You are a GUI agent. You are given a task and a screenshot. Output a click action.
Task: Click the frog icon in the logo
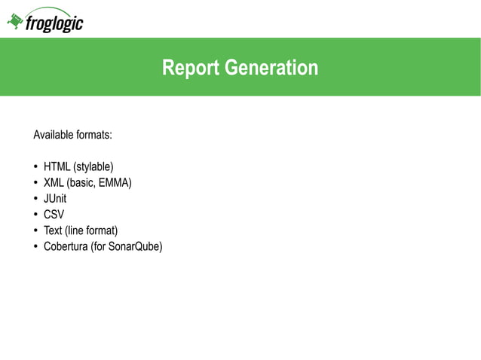(x=14, y=23)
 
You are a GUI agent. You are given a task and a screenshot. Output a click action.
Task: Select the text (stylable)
(x=93, y=166)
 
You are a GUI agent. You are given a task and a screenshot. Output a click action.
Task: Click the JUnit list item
(x=55, y=199)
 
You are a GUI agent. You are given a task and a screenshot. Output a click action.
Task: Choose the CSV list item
(x=54, y=215)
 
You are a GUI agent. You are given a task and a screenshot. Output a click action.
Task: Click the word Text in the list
(x=53, y=230)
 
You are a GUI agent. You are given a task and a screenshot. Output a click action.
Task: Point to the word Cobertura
(x=66, y=246)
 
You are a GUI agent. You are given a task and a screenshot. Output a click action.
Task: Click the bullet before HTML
(x=35, y=166)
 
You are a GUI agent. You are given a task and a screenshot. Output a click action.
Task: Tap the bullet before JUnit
(x=35, y=199)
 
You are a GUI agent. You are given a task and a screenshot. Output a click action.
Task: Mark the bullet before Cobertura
(x=35, y=246)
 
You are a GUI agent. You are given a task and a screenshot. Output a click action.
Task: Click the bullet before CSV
(x=35, y=215)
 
